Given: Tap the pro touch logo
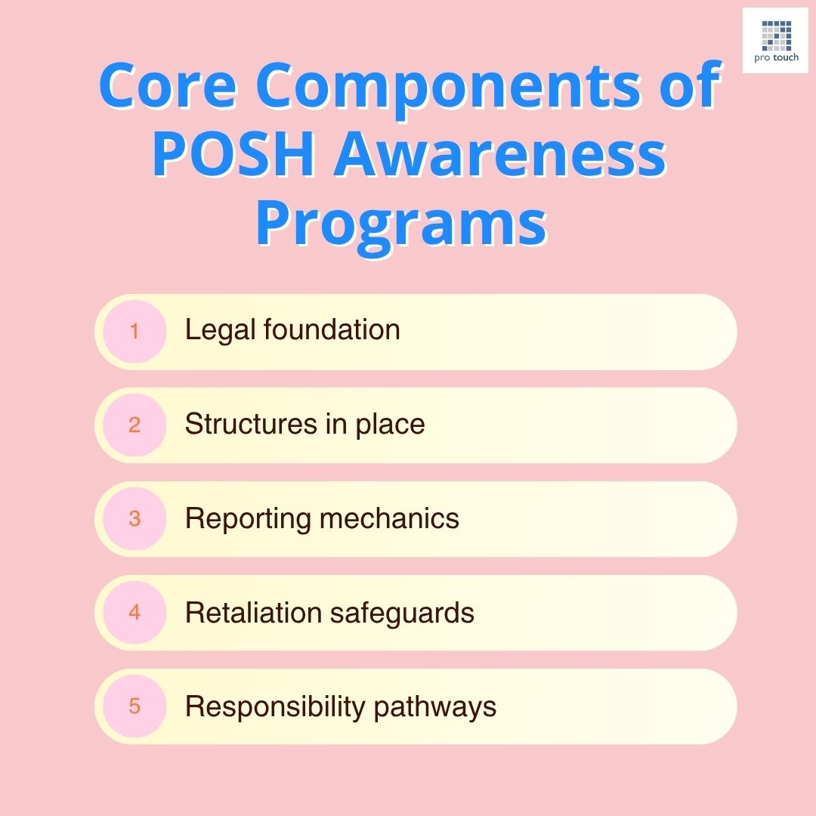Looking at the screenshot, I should click(775, 40).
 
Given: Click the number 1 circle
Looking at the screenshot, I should click(134, 331).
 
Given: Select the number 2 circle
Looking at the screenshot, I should click(134, 425).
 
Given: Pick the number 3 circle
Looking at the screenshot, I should click(134, 518).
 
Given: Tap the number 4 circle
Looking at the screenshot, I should click(134, 612).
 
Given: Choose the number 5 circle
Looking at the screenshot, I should click(134, 706).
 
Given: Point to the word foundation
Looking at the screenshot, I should click(329, 330).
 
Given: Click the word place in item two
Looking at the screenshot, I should click(391, 425).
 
